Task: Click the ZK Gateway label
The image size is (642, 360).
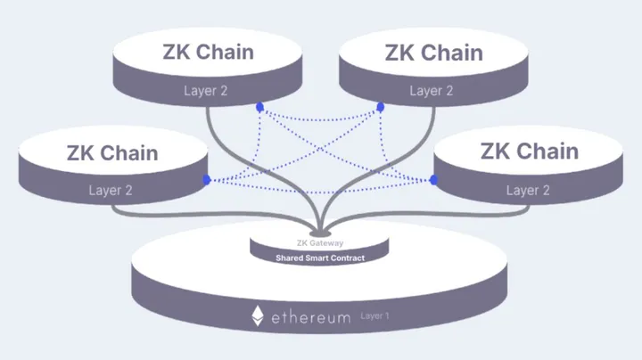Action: [320, 243]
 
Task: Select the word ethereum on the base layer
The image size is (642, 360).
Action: [312, 316]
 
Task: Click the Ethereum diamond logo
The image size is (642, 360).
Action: [258, 316]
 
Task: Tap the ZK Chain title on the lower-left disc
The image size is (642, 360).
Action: [112, 152]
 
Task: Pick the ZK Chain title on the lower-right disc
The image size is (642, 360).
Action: [530, 151]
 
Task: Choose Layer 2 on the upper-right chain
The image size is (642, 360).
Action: [432, 91]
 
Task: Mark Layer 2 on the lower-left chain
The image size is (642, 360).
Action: [111, 190]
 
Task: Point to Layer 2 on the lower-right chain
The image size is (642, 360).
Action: [528, 190]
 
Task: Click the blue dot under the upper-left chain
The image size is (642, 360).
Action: [260, 107]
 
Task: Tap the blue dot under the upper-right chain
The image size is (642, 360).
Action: [381, 107]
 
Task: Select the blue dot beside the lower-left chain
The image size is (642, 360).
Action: [207, 180]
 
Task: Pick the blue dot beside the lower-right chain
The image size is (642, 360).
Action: [434, 180]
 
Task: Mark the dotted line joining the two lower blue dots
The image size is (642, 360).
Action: [321, 181]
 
